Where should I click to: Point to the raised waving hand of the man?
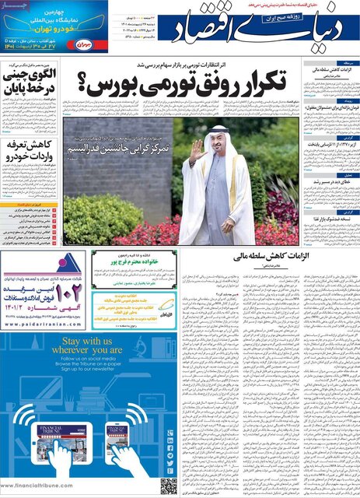tap(194, 149)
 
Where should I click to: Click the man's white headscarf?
tap(220, 144)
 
